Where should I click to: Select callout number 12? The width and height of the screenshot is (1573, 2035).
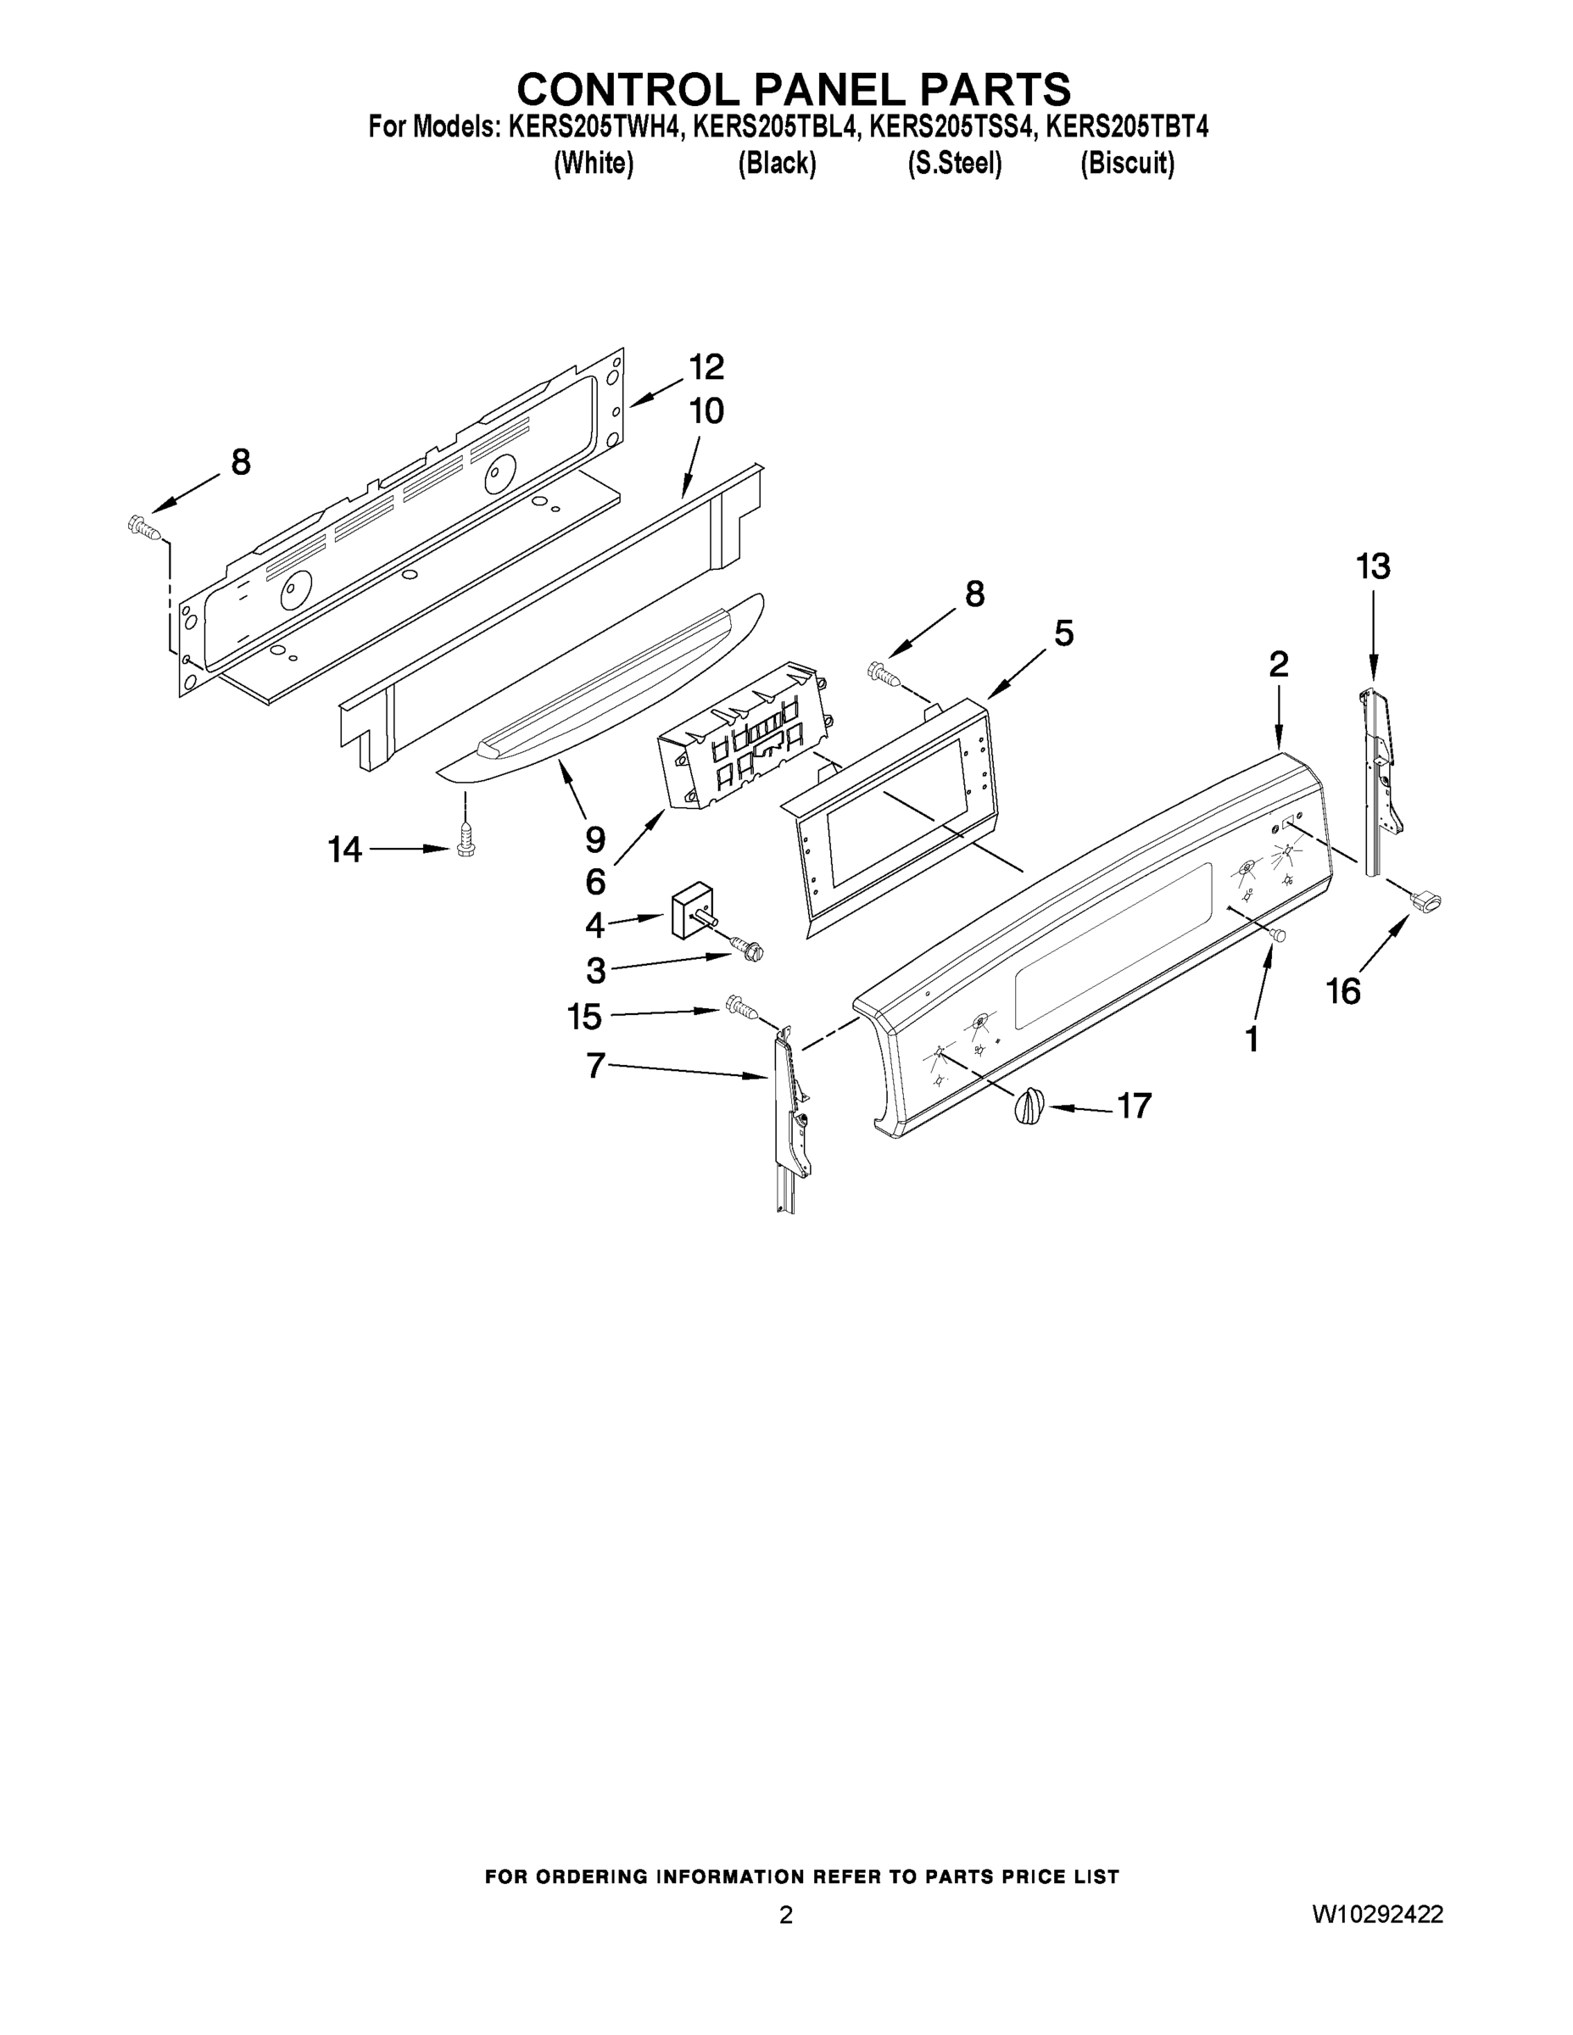[x=706, y=367]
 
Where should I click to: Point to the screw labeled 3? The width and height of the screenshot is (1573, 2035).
[x=747, y=949]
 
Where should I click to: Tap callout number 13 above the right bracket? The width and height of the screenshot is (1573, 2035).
[x=1373, y=566]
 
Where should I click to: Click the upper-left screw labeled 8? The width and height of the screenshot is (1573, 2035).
[x=144, y=528]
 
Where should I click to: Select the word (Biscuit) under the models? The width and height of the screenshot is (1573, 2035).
[x=1127, y=164]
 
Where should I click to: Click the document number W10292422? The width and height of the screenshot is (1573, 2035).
[x=1377, y=1914]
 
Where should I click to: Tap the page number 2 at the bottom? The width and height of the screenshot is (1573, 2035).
[x=785, y=1915]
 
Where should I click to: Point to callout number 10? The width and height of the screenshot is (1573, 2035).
[x=706, y=411]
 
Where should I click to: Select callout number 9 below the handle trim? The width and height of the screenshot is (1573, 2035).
[x=595, y=839]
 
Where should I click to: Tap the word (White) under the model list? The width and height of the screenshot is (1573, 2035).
[x=594, y=164]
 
